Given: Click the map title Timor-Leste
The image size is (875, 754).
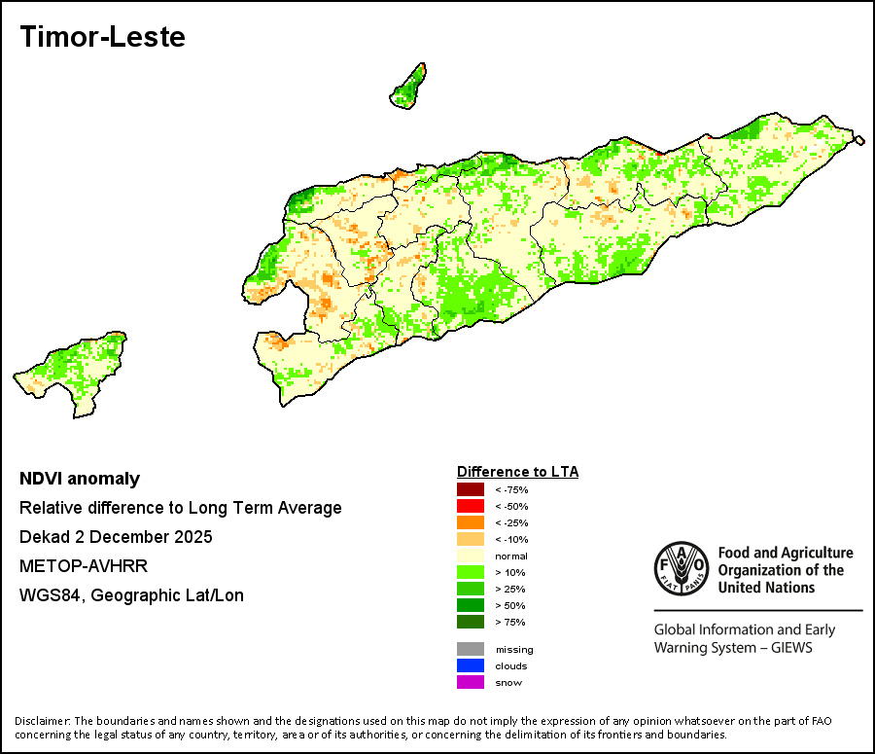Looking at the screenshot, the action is coord(103,37).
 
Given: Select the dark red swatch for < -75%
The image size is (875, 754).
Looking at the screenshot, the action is coord(471,489).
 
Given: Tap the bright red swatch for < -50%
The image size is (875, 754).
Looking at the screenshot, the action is coord(471,506).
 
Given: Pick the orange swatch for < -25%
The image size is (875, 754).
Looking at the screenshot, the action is coord(471,522).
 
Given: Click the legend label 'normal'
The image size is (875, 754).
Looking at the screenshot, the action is coord(511,557).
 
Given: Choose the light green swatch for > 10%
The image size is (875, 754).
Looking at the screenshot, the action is coord(471,572).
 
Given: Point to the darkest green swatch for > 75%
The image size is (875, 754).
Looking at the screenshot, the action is coord(471,622).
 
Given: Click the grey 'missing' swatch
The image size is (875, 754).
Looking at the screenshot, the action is coord(471,649).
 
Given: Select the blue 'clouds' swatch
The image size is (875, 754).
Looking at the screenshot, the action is coord(471,665).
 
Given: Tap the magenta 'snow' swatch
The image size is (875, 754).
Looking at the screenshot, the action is coord(471,682).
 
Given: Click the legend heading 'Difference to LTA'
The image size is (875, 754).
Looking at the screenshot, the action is coord(518,472).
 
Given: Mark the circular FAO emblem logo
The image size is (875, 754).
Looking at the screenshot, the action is coord(682,568).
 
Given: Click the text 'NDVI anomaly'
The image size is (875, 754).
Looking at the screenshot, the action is coord(80,479).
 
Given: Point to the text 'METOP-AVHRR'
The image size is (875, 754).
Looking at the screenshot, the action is coord(84,566).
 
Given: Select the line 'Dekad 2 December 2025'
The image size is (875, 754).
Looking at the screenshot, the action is coord(116,537).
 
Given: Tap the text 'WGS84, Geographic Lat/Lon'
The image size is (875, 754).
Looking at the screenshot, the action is coord(131,595).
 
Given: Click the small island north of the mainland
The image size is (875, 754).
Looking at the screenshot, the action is coord(408,88).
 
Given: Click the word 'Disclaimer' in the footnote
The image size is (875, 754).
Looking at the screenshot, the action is coord(42,721).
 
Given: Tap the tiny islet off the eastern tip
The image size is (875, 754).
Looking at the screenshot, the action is coord(859,140).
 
